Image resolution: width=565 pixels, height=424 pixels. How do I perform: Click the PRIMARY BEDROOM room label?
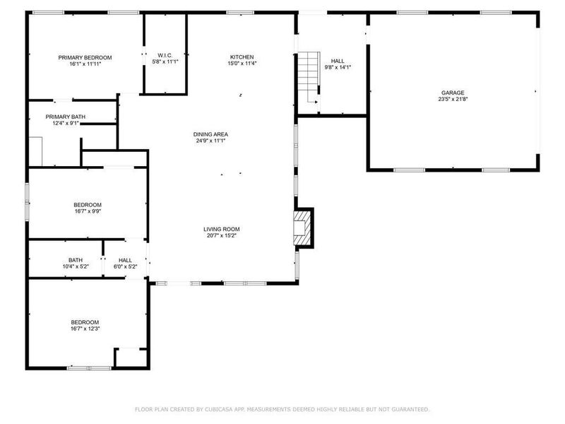[85, 57]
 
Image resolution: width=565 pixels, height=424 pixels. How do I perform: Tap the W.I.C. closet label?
[165, 55]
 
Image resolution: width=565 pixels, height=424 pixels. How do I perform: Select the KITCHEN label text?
[242, 57]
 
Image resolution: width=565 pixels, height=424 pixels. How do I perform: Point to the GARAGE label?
[453, 93]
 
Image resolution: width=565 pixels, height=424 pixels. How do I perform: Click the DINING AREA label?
[211, 134]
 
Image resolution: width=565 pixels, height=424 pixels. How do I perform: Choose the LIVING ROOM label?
[222, 229]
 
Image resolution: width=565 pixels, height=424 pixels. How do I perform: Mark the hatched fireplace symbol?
[303, 228]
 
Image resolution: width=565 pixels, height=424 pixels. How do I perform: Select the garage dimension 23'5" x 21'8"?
[453, 100]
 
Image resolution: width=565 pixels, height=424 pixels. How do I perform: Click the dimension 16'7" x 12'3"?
[85, 329]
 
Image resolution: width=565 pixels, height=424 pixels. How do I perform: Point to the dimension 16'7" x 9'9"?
[85, 211]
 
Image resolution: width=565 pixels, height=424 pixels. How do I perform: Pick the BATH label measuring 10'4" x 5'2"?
[75, 260]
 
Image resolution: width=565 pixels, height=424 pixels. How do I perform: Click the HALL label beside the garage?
[338, 61]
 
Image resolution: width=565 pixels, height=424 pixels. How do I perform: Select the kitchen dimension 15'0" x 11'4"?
[242, 64]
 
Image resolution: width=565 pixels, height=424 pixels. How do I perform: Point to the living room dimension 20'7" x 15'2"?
[222, 236]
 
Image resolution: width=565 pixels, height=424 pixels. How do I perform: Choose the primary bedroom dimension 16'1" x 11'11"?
[85, 64]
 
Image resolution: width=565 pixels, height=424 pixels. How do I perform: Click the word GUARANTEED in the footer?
[410, 409]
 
